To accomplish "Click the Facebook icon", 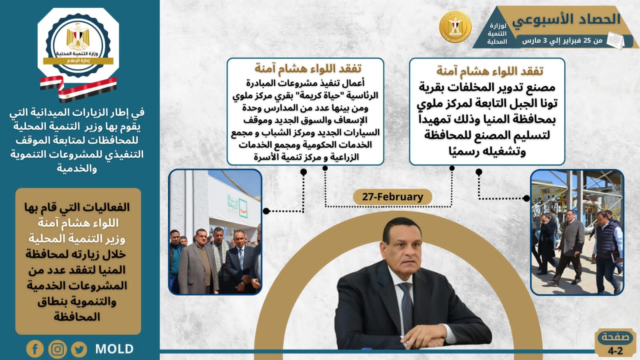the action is pyautogui.click(x=35, y=349).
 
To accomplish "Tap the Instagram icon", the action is pyautogui.click(x=57, y=349).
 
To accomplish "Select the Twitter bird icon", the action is pyautogui.click(x=79, y=349).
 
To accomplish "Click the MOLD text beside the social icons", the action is pyautogui.click(x=114, y=349).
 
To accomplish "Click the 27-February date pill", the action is pyautogui.click(x=393, y=197).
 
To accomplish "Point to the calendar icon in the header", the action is pyautogui.click(x=615, y=40).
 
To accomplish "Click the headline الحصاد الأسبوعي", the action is pyautogui.click(x=566, y=20).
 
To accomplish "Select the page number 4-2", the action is pyautogui.click(x=615, y=350).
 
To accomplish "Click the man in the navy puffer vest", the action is pyautogui.click(x=607, y=251).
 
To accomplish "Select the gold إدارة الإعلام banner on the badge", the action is pyautogui.click(x=78, y=61).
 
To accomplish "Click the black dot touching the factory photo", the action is pyautogui.click(x=526, y=199).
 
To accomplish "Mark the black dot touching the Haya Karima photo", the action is pyautogui.click(x=266, y=211).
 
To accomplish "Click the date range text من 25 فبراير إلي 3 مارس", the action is pyautogui.click(x=562, y=40).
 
